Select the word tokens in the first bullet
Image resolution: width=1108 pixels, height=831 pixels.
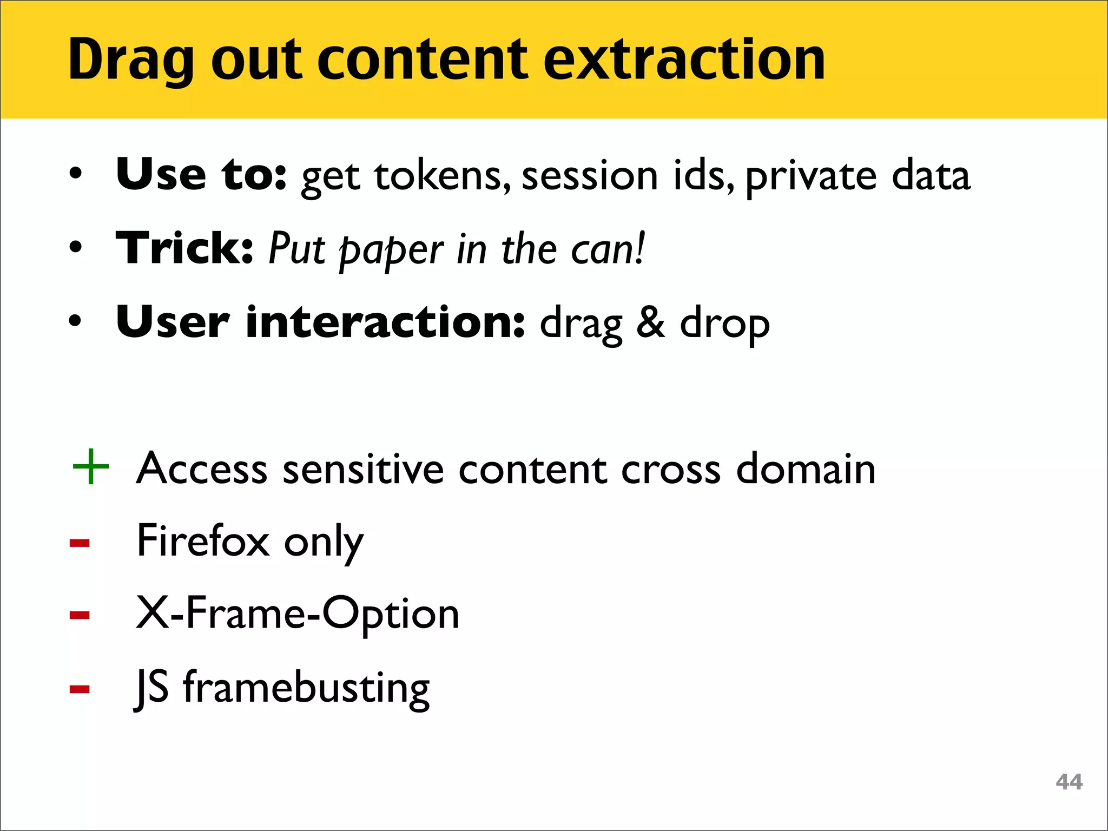(x=442, y=176)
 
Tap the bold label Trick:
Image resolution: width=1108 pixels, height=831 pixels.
(x=184, y=248)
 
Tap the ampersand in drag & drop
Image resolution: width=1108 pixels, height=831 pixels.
(x=650, y=323)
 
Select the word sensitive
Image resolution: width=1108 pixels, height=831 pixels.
(x=363, y=469)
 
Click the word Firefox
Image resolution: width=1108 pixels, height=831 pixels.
(x=203, y=540)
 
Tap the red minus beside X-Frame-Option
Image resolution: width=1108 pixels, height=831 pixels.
(x=80, y=615)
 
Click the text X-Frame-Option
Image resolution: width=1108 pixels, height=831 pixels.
(x=298, y=614)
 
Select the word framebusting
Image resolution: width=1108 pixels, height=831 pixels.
(x=306, y=688)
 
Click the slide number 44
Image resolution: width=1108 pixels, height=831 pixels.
(x=1069, y=782)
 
